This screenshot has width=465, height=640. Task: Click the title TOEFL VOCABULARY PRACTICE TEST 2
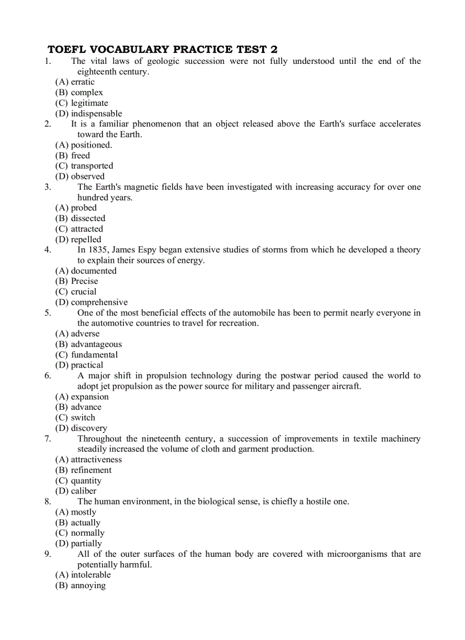(162, 50)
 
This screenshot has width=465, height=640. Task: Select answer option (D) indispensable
(88, 113)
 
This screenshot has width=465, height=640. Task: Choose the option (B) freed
(72, 155)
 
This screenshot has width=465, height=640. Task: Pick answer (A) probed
(76, 207)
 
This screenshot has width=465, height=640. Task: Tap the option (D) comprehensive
(91, 302)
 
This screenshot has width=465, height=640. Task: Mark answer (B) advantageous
(88, 344)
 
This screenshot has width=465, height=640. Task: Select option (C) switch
(75, 417)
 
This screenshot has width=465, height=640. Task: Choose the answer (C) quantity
(78, 480)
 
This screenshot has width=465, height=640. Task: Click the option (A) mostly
(76, 512)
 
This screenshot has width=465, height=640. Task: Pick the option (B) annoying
(80, 585)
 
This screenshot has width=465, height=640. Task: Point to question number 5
(47, 312)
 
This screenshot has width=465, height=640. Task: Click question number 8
(47, 502)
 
